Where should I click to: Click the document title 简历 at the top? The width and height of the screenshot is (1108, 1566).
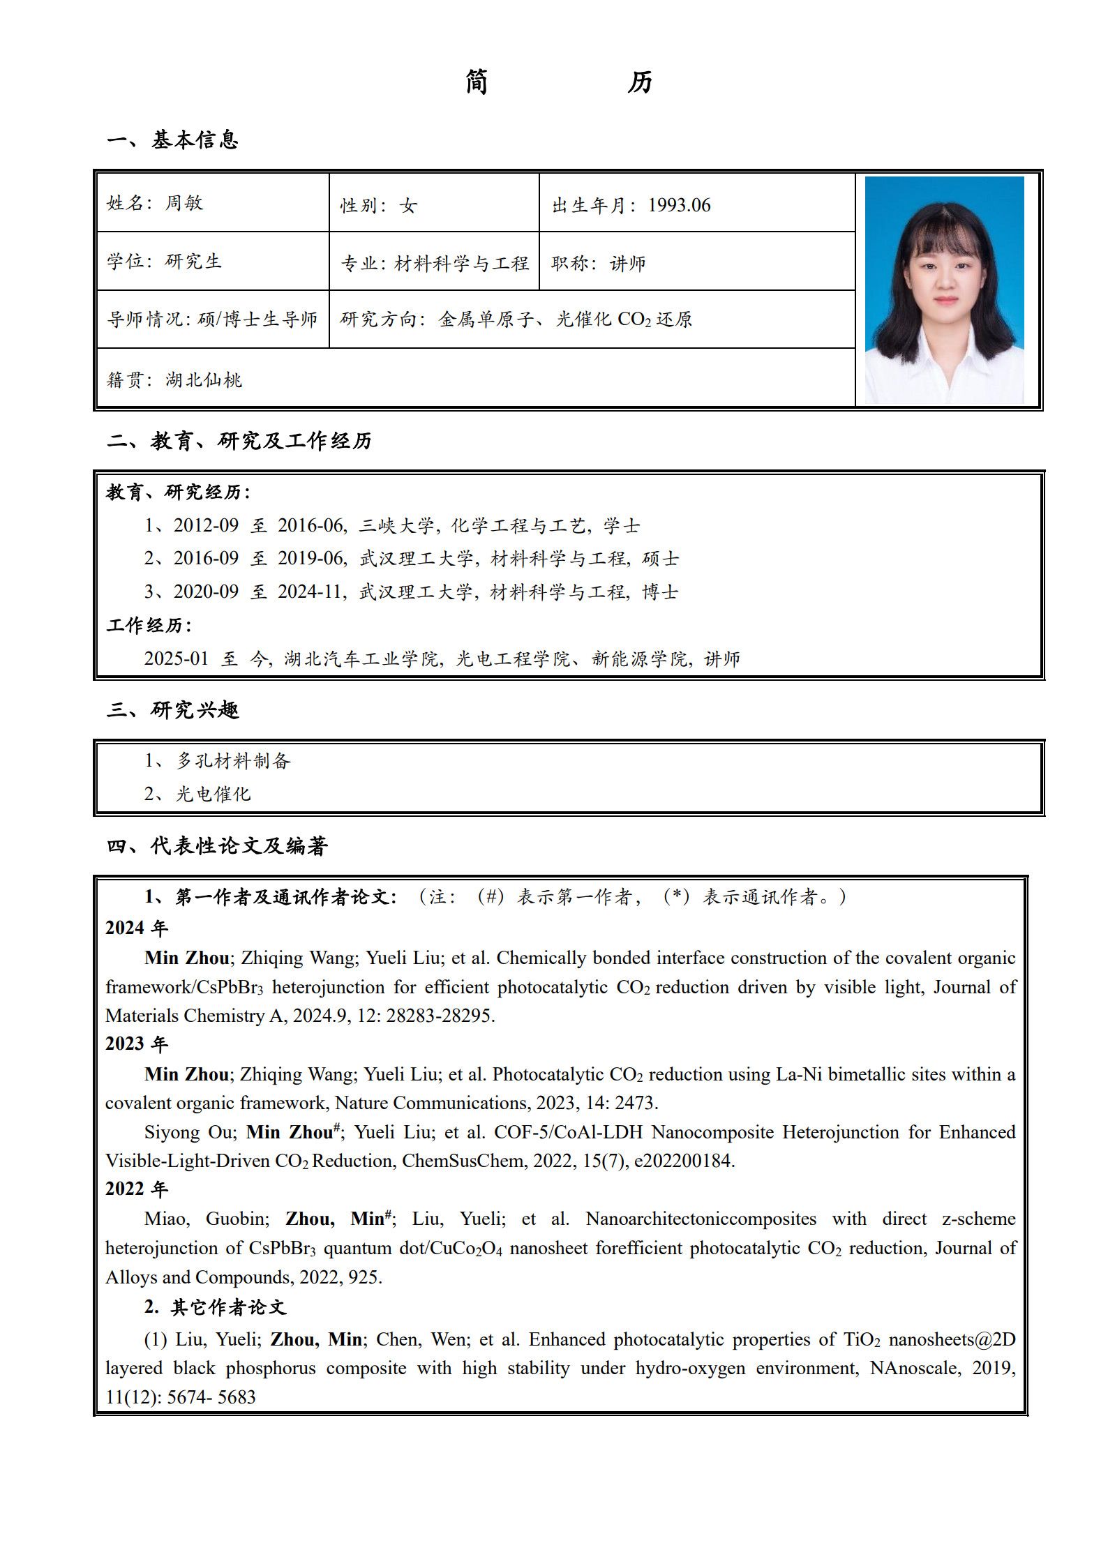[x=559, y=82]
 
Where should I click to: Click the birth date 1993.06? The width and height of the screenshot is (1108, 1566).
[x=679, y=205]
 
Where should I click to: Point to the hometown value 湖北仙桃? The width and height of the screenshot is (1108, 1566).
[x=204, y=380]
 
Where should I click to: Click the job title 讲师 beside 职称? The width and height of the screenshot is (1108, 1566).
[x=628, y=263]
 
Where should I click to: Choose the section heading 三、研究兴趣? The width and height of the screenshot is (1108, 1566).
[x=173, y=710]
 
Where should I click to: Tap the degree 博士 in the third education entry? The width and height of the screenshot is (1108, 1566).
[x=660, y=592]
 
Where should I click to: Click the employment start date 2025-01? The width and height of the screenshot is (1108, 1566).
[x=176, y=658]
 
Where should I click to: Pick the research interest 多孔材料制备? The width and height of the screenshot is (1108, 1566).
[x=233, y=760]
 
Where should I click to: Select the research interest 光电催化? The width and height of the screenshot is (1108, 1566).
[x=214, y=794]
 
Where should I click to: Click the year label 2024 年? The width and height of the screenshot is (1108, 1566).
[x=137, y=928]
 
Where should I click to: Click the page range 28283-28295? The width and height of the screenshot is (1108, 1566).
[x=439, y=1016]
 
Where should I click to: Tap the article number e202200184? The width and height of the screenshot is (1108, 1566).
[x=683, y=1161]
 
